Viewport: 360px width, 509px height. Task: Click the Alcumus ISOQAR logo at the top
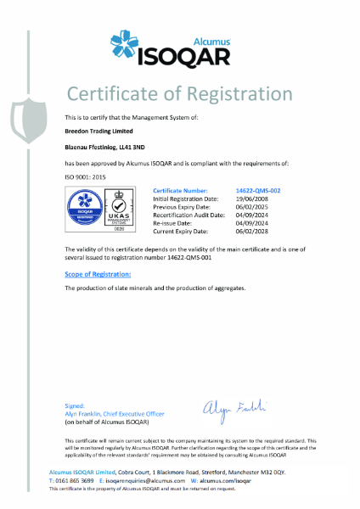tap(180, 46)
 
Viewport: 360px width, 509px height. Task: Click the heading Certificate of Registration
tap(179, 92)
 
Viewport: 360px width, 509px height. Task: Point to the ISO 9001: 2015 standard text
tap(87, 176)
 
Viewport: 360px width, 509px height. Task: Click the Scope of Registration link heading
tap(98, 275)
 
